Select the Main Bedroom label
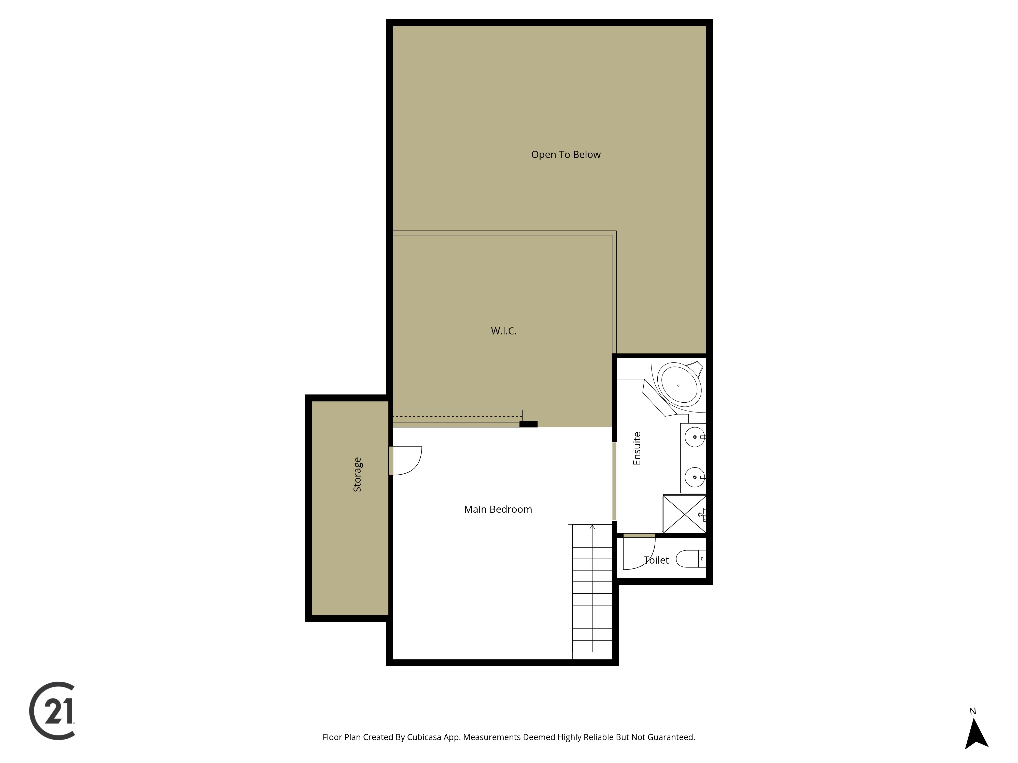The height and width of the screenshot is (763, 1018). [498, 509]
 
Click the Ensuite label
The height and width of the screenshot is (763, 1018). [637, 448]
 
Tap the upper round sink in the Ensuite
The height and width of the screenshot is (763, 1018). [695, 437]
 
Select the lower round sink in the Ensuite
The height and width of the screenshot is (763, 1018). [695, 477]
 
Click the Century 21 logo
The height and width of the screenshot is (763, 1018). [52, 711]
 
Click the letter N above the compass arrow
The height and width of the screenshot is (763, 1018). [973, 711]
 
